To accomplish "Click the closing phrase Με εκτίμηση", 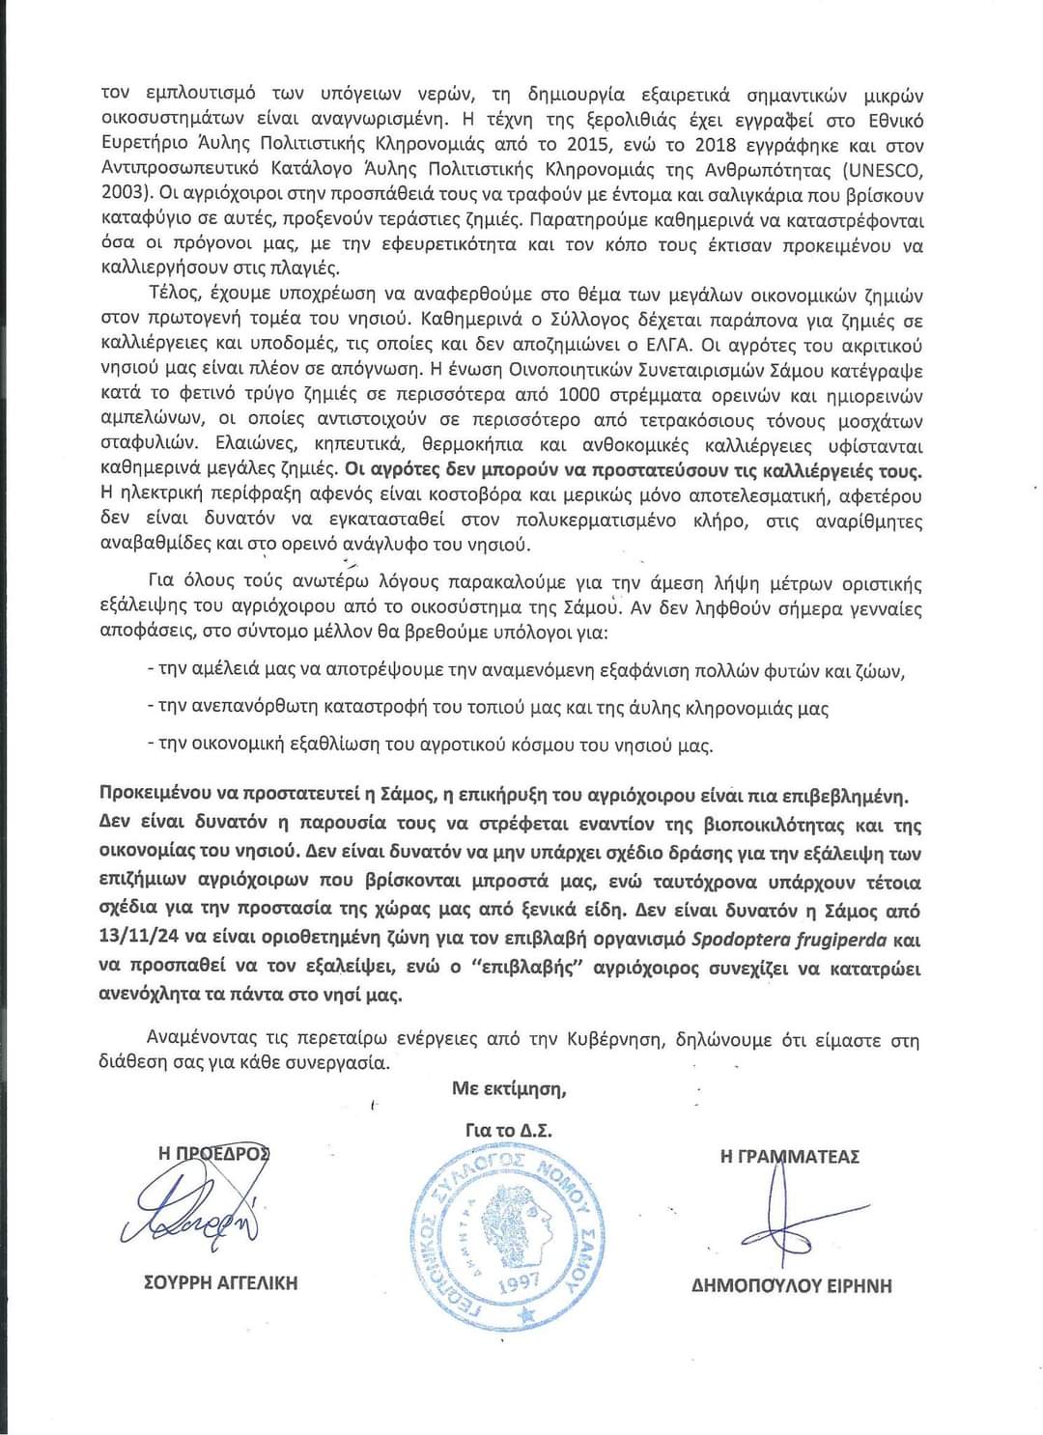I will pos(509,1089).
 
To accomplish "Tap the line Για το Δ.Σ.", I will pos(508,1130).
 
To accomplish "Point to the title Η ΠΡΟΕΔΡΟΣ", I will pos(214,1153).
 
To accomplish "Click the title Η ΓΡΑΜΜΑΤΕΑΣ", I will pos(790,1157).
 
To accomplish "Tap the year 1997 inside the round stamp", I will pos(518,1285).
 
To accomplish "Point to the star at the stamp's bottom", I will pos(526,1318).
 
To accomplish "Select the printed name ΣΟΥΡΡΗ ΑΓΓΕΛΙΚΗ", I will pos(220,1282).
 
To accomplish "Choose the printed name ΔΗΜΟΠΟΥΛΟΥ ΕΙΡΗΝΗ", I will pos(792,1285).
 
